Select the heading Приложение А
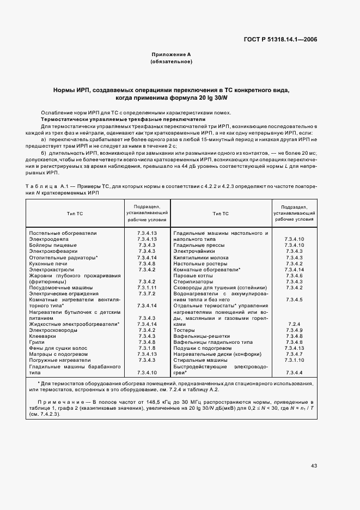[170, 54]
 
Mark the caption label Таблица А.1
[46, 186]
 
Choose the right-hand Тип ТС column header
[221, 213]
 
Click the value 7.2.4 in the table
[294, 324]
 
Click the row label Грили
[36, 342]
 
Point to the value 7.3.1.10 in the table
[294, 360]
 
